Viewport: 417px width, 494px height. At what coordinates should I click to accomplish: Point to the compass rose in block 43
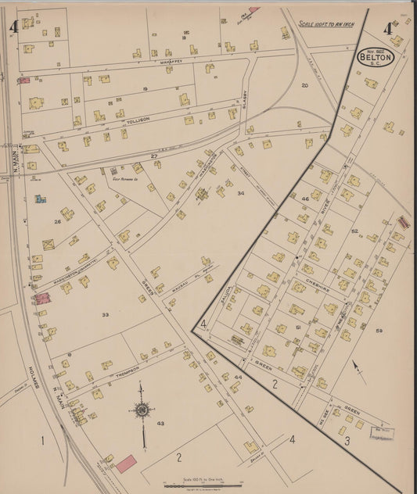pos(142,410)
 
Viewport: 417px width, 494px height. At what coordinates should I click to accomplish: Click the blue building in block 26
pos(40,199)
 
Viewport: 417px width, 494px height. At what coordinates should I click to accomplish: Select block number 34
pos(241,193)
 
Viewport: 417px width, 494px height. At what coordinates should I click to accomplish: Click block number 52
pos(354,231)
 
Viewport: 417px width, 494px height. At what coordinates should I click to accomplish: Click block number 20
pos(305,84)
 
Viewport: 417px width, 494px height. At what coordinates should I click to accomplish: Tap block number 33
pos(105,315)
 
